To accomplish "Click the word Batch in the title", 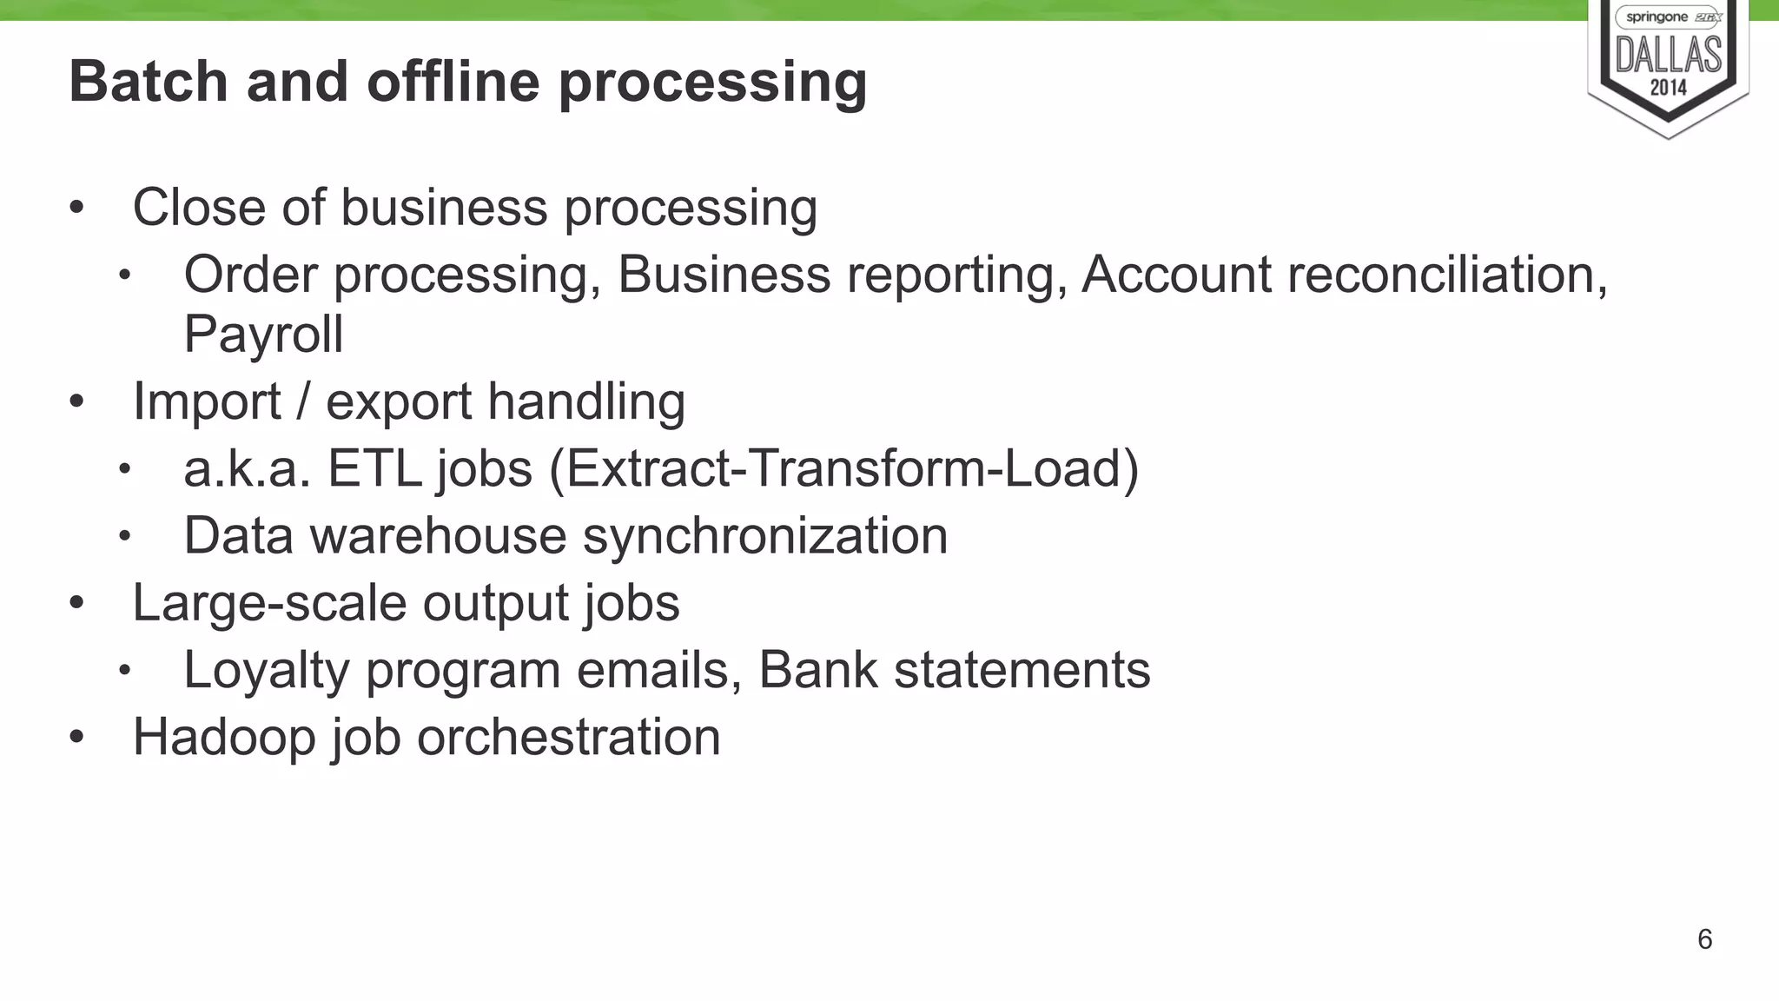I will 148,81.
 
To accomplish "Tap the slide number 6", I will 1704,939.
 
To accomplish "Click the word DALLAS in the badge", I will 1668,56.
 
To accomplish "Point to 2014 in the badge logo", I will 1668,88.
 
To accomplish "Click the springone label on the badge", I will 1657,17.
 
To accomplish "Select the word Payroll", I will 263,334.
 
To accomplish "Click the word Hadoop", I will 224,737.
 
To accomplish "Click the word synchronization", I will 764,535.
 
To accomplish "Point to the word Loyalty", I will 266,670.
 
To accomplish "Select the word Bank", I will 817,670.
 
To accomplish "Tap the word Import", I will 207,401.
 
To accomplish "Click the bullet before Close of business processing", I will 77,208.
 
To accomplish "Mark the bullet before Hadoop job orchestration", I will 77,737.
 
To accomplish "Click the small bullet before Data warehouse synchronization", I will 125,536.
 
